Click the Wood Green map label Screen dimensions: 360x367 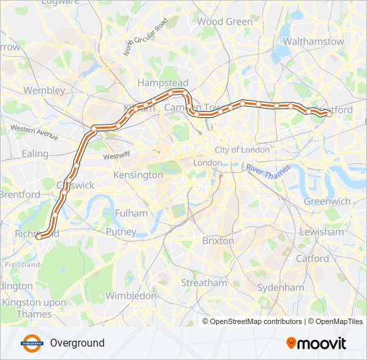pos(225,21)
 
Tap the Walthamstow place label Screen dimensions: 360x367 pos(313,41)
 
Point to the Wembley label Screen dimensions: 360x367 pos(44,90)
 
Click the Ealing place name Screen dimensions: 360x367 pos(35,153)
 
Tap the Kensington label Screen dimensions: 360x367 pos(139,175)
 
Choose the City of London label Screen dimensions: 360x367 pos(242,150)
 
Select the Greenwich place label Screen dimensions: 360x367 pos(327,201)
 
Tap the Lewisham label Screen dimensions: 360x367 pos(322,232)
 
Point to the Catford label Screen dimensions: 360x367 pos(312,258)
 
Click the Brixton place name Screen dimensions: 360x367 pos(218,240)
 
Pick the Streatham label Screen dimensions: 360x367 pos(204,283)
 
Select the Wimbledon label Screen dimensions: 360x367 pos(130,295)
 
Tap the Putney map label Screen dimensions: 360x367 pos(121,232)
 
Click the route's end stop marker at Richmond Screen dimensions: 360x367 pos(38,236)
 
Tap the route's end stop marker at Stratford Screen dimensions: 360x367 pos(329,114)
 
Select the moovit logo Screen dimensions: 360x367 pos(316,343)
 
